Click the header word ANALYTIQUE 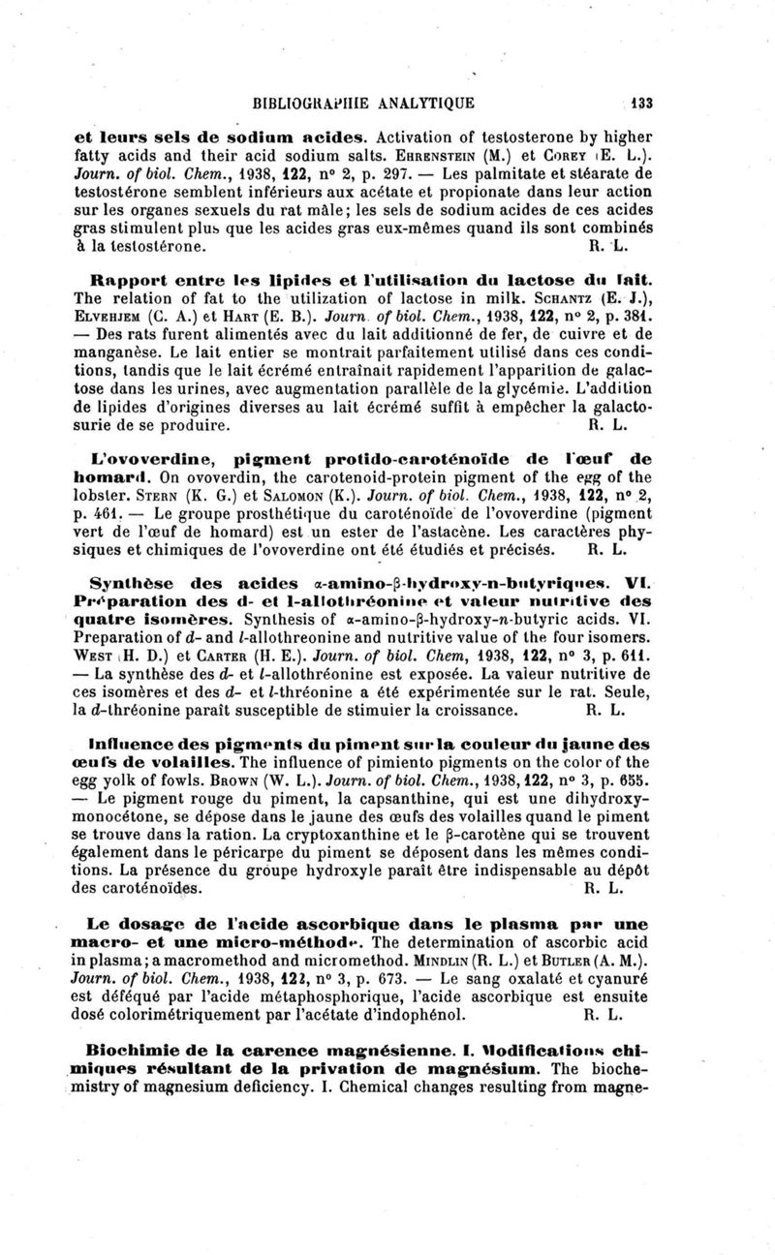[421, 102]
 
